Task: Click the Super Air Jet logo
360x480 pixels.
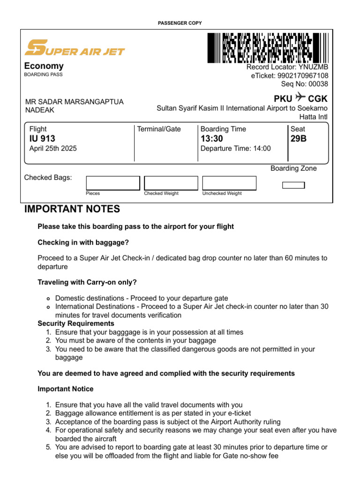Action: [75, 48]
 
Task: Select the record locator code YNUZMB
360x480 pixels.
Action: [313, 67]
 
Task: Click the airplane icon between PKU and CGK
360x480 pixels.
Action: [300, 98]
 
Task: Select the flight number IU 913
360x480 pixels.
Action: [42, 139]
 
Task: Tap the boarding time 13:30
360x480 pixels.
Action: [212, 139]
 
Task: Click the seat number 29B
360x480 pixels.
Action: [299, 139]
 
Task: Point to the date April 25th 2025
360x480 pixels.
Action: [53, 149]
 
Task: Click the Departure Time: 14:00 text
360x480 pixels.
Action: [236, 149]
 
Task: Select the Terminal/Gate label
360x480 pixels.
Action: [159, 129]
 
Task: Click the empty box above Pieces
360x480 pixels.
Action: [113, 183]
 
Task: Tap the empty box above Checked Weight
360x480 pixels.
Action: [171, 183]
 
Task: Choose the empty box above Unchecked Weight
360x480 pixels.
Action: [229, 183]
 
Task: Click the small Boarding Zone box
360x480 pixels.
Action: [293, 185]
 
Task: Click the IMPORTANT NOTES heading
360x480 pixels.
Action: [72, 209]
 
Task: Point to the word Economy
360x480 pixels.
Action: [44, 66]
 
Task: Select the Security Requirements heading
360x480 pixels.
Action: [76, 323]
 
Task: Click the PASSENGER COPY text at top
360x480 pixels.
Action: [180, 23]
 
